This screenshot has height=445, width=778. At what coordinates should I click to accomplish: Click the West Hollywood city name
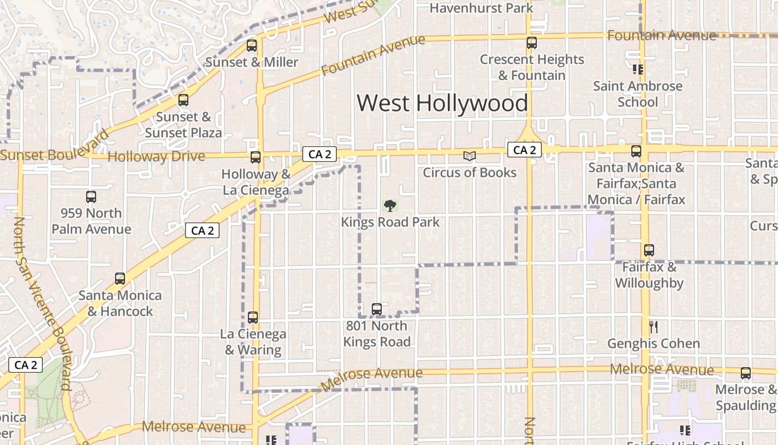point(442,103)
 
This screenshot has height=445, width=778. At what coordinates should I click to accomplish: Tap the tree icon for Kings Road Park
point(390,206)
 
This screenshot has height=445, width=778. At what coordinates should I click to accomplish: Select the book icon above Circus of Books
point(470,156)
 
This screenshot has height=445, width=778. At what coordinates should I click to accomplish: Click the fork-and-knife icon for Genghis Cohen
point(654,327)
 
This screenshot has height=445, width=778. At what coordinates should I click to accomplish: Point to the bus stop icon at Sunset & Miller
point(252,46)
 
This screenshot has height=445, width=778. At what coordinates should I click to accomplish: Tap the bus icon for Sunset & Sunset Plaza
point(183,101)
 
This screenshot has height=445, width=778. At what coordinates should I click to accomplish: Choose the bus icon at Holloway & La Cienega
point(255,157)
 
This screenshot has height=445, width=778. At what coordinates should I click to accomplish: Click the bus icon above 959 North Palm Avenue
point(91,197)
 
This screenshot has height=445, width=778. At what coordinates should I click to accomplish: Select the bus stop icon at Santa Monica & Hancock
point(120,279)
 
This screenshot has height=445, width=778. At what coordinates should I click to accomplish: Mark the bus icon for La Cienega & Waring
point(253,318)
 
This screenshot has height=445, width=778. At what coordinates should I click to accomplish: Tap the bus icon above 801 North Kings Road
point(377,309)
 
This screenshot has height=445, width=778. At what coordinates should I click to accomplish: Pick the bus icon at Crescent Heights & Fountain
point(532,43)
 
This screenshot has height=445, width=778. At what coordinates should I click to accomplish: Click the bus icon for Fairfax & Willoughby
point(649,251)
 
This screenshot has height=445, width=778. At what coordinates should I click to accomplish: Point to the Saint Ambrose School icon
point(637,70)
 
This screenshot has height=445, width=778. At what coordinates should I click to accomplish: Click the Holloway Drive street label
point(156,156)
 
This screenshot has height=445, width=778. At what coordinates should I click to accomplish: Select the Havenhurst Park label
point(481,8)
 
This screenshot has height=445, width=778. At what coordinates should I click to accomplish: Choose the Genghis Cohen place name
point(653,343)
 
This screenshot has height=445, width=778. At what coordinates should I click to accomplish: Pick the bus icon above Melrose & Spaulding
point(746,373)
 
